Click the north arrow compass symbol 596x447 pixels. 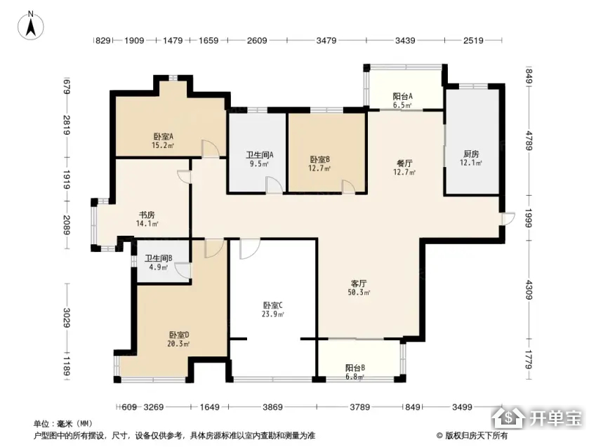[31, 25]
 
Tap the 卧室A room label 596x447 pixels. [164, 136]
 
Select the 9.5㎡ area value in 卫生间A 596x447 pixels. [259, 164]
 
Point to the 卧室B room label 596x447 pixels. [319, 160]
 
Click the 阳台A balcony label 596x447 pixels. [402, 97]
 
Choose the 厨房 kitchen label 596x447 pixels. [471, 154]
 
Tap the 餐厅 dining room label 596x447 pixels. [404, 164]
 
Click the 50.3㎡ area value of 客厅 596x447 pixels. [359, 293]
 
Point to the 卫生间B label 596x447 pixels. [159, 258]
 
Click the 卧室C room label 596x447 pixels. [273, 305]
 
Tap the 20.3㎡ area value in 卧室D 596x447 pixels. [178, 344]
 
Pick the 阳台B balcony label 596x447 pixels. [355, 368]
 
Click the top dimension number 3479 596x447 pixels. [326, 40]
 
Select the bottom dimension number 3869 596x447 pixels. [272, 407]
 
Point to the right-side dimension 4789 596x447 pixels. [529, 141]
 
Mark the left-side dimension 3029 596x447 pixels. [67, 317]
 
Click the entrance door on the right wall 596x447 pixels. [508, 219]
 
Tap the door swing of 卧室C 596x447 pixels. [250, 249]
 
